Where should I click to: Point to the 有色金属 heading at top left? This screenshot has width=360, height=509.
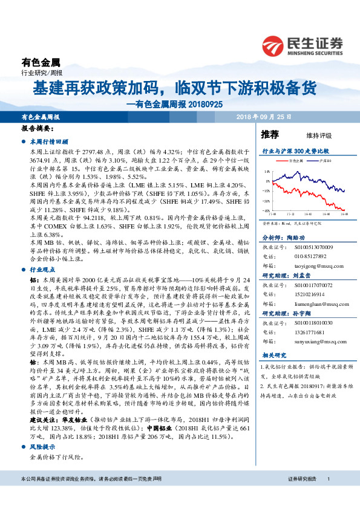click(x=41, y=61)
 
